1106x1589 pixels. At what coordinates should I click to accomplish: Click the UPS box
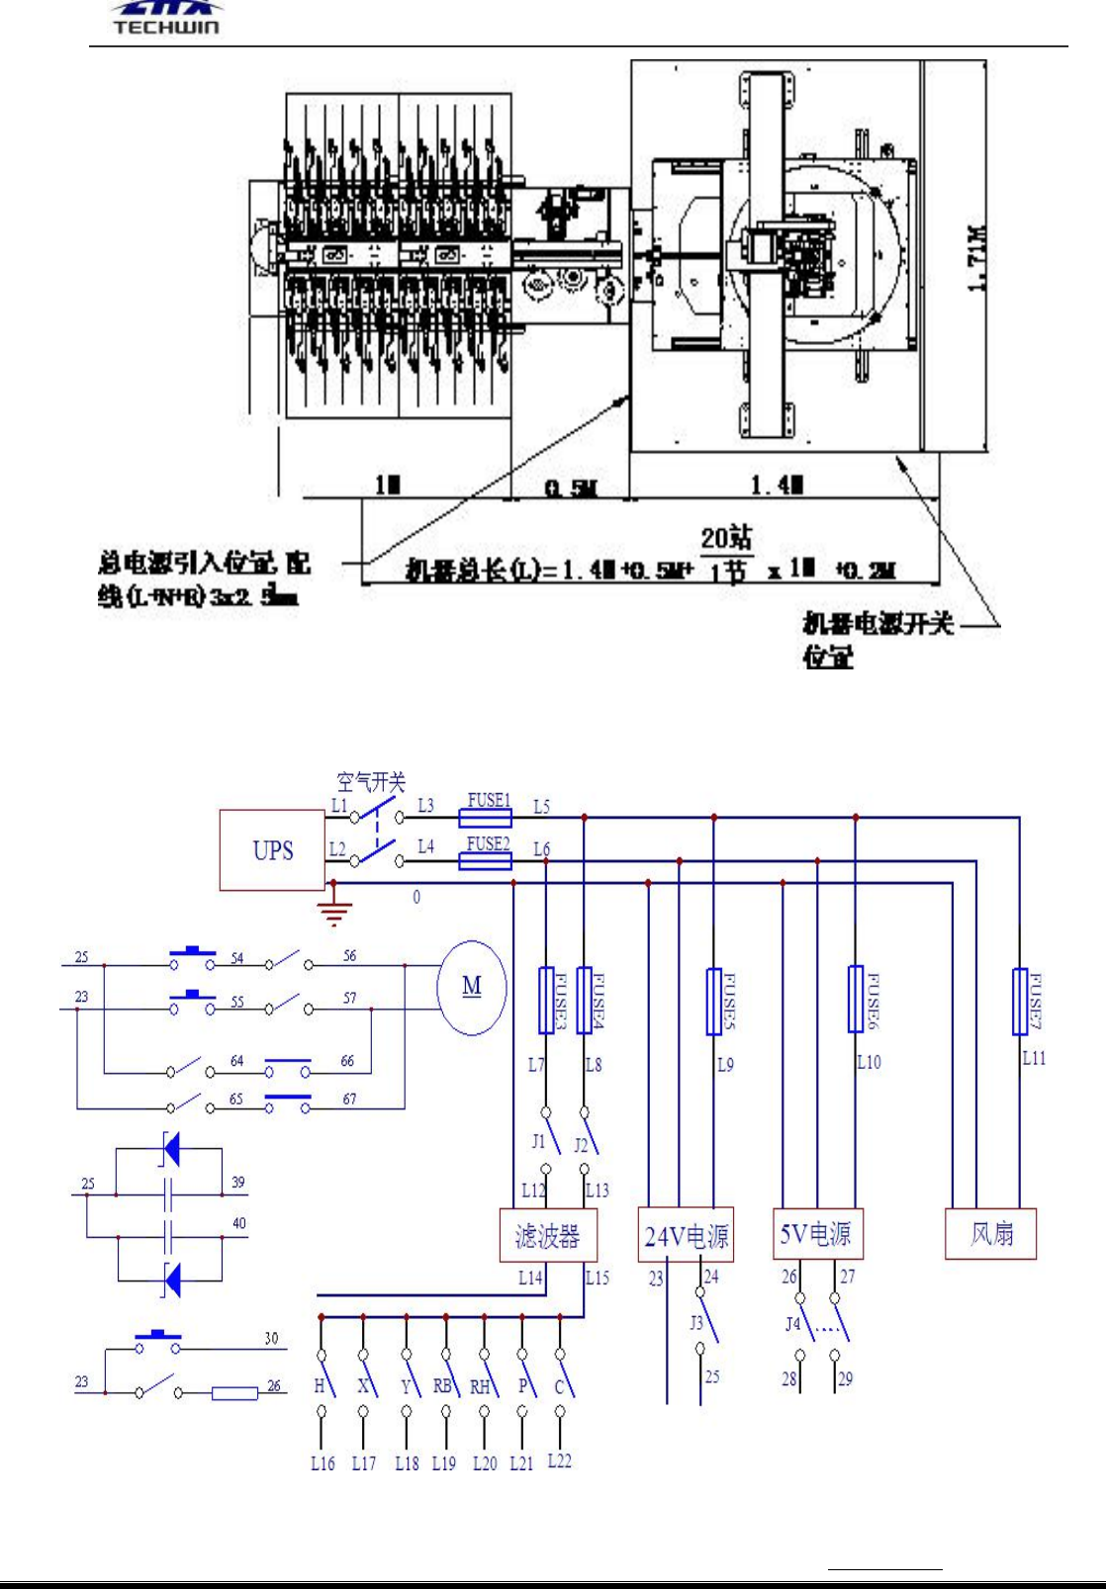click(272, 850)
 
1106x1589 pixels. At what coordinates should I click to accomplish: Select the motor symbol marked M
click(472, 986)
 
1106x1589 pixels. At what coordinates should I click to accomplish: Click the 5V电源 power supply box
click(816, 1233)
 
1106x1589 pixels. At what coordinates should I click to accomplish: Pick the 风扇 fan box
click(990, 1233)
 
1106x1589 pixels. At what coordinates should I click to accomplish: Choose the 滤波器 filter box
click(546, 1235)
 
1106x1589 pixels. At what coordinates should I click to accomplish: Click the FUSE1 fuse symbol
click(486, 818)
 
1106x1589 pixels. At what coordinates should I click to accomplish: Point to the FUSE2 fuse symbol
click(486, 861)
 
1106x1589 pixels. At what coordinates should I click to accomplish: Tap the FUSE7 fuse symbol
click(1020, 1002)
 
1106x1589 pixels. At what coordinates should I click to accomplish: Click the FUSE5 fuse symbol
click(714, 1002)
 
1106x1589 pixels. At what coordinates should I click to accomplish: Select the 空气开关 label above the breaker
click(371, 782)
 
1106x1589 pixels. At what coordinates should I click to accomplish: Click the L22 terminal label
click(559, 1460)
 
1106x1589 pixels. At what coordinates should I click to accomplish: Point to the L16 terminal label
click(323, 1463)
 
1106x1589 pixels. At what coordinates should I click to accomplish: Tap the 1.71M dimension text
click(975, 256)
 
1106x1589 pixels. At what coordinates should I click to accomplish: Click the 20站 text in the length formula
click(726, 538)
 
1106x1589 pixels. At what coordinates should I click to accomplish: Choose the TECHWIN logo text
click(166, 27)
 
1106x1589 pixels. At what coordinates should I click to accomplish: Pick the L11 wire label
click(1034, 1058)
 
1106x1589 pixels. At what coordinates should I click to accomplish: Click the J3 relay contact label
click(696, 1322)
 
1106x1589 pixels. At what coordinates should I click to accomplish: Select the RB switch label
click(442, 1386)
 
